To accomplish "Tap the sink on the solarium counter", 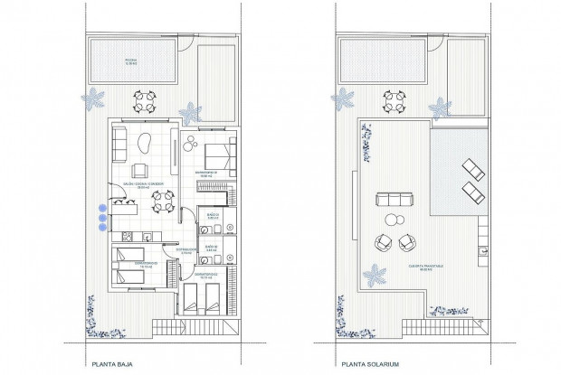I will (x=481, y=234).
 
